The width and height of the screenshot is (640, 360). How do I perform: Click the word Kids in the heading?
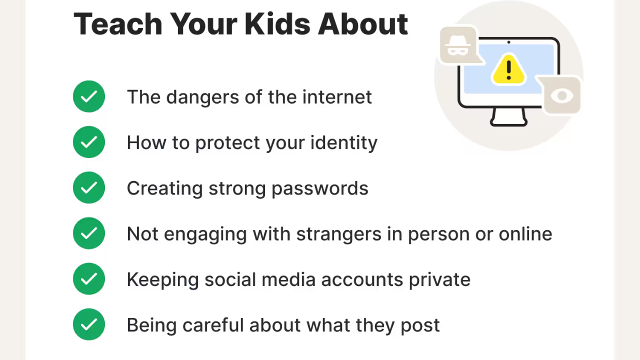(277, 24)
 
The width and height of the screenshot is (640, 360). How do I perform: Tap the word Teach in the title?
(118, 24)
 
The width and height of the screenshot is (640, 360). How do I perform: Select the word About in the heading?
(363, 24)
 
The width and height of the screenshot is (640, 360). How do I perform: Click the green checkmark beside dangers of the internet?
(89, 96)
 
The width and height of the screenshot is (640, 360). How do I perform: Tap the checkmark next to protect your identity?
(89, 142)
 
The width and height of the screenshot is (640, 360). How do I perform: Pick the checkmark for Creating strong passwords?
(89, 187)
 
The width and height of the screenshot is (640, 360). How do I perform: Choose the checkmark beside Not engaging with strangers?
(89, 233)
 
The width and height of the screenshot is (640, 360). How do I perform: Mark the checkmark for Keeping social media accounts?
(89, 279)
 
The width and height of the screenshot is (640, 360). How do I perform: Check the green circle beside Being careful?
(89, 324)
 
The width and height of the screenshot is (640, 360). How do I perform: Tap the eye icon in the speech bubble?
(562, 95)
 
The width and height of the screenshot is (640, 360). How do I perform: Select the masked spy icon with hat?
(457, 45)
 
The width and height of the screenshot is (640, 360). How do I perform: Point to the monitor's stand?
(509, 117)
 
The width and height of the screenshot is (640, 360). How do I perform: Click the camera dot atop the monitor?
(508, 42)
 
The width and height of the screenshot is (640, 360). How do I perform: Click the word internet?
(337, 97)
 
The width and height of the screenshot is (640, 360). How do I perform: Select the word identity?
(344, 142)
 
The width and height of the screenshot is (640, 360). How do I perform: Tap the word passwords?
(320, 188)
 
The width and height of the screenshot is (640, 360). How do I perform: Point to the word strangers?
(339, 234)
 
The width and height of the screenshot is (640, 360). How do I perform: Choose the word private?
(439, 279)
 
